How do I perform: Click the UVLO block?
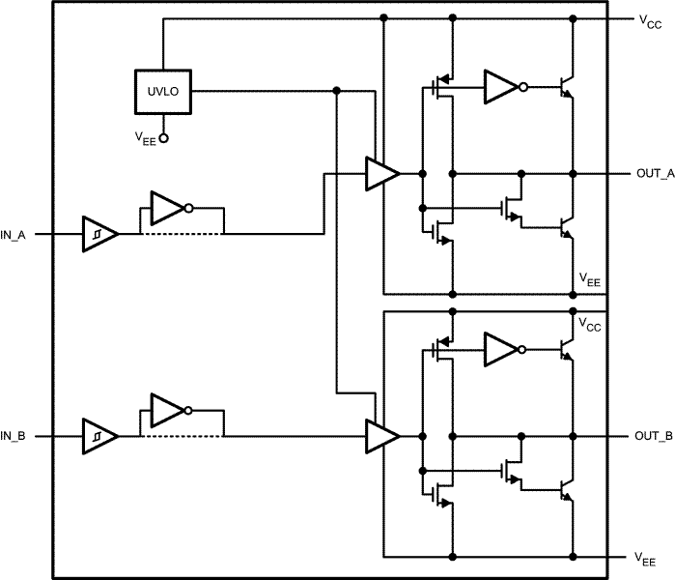163,92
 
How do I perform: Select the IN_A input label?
13,235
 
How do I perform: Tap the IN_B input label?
13,437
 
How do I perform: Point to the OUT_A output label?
655,174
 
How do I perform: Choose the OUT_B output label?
654,436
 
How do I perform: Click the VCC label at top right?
650,21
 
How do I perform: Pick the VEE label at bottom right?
645,560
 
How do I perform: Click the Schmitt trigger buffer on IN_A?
100,234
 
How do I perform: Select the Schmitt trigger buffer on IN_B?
100,436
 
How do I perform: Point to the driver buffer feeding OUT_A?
382,174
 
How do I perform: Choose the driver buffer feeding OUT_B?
382,436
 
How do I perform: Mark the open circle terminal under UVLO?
163,138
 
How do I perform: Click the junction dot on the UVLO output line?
337,91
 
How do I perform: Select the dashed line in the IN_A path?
183,234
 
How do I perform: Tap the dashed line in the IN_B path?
183,436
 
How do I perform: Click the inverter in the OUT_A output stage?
505,87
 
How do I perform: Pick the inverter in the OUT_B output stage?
505,350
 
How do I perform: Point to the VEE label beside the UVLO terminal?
146,139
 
